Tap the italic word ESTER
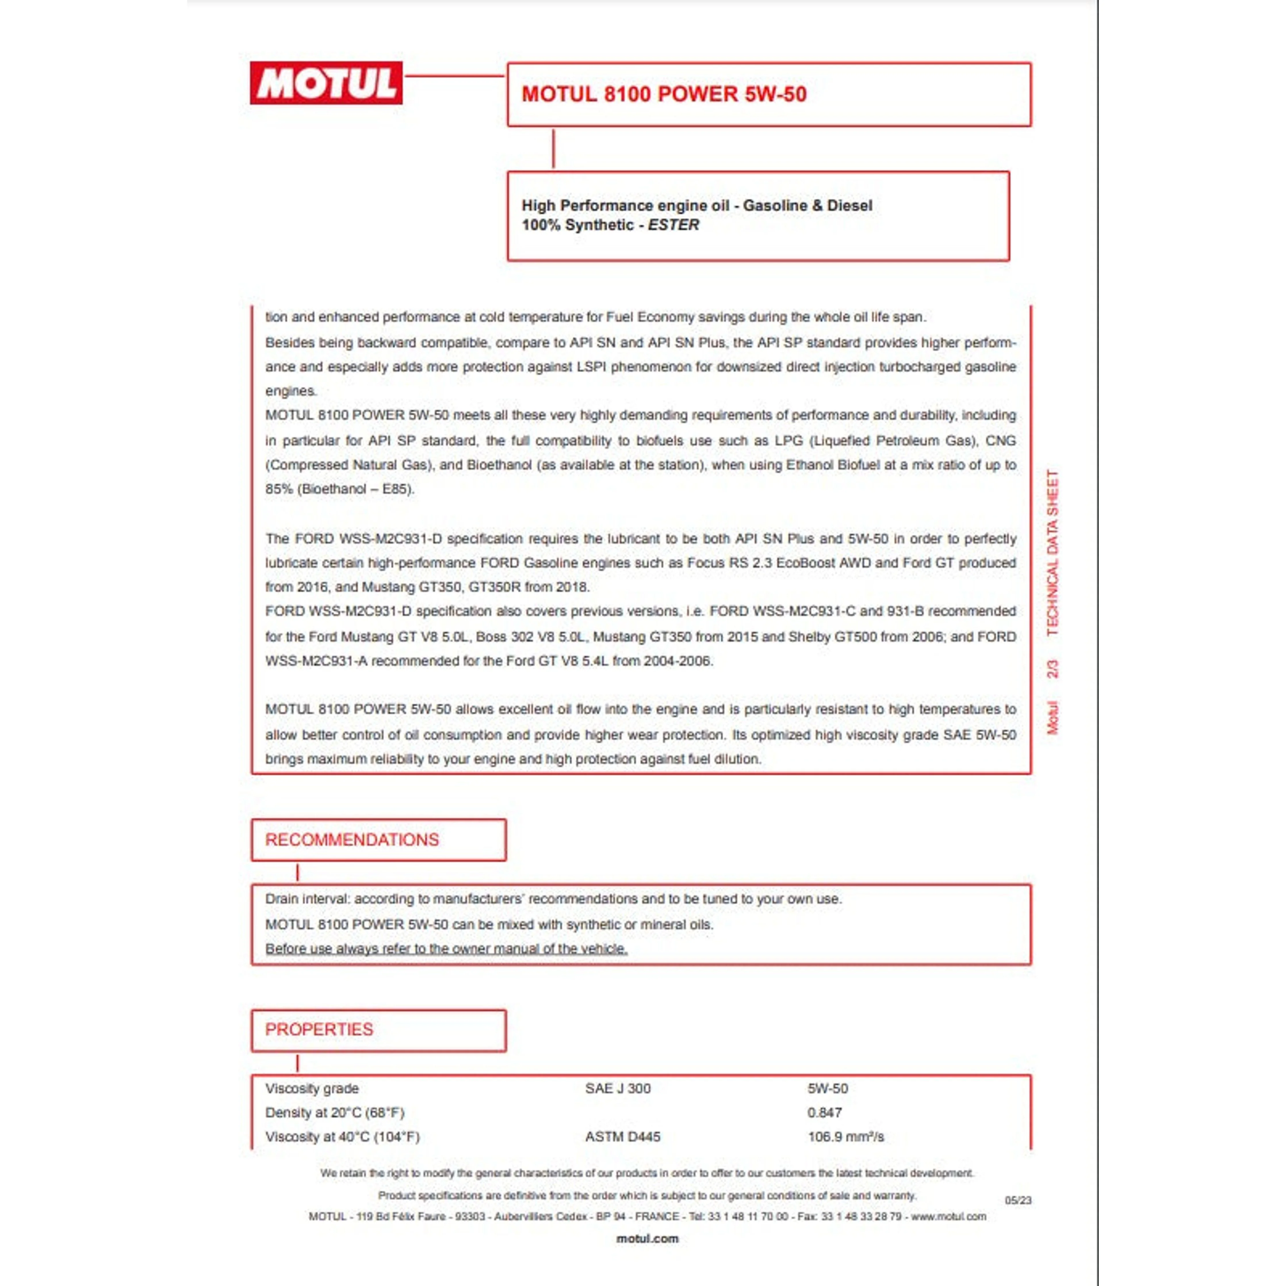click(673, 225)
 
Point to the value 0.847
click(825, 1112)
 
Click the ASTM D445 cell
click(622, 1136)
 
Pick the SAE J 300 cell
click(618, 1088)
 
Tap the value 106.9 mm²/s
click(845, 1136)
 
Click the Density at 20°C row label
click(335, 1112)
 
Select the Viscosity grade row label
click(312, 1088)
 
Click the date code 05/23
click(1018, 1200)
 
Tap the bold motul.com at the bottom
click(647, 1239)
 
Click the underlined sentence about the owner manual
click(446, 948)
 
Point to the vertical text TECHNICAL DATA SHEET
click(1052, 552)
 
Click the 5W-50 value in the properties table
click(827, 1088)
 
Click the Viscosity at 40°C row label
click(342, 1136)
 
